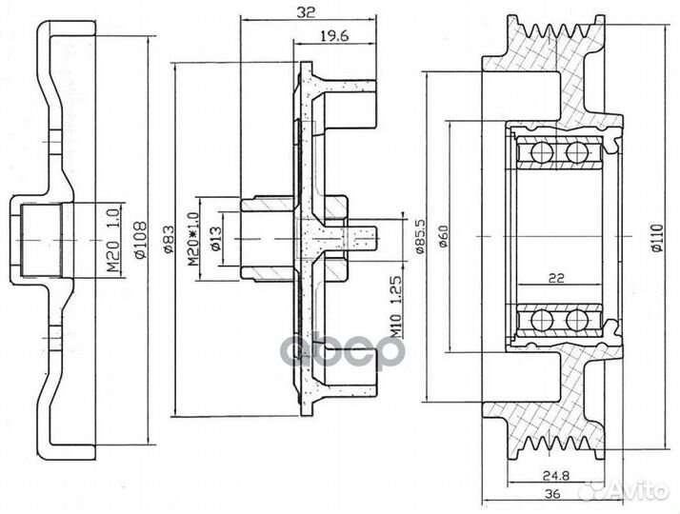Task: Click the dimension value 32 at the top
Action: coord(307,14)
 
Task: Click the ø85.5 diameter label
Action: coord(420,237)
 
